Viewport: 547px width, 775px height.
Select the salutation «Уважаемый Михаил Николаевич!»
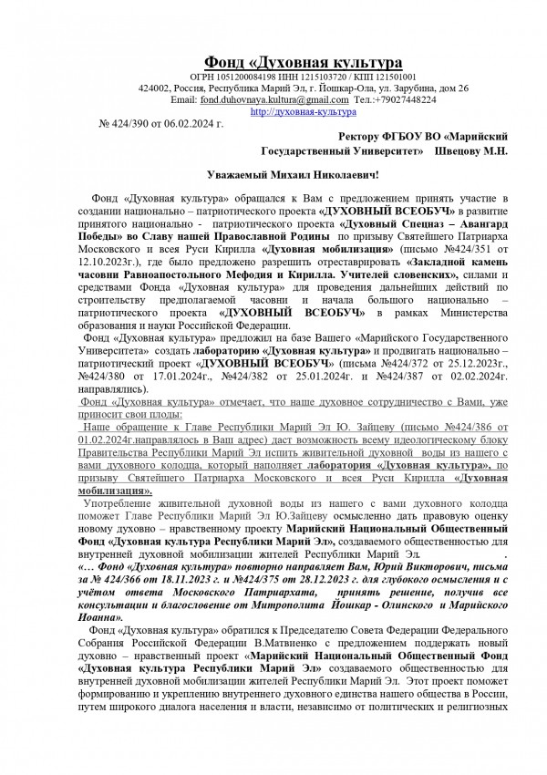click(292, 173)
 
